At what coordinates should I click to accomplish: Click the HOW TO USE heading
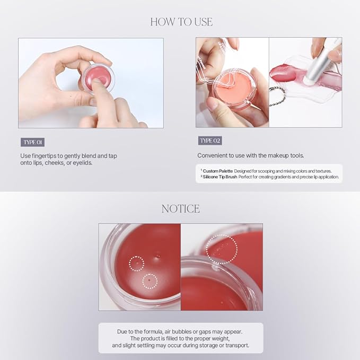(x=181, y=22)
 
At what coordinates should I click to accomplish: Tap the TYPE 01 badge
(x=32, y=142)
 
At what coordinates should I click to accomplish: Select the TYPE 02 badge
(x=210, y=141)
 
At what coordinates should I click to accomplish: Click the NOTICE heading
(x=180, y=208)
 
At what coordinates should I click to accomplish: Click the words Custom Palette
(x=214, y=171)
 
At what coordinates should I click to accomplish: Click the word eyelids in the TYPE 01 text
(x=82, y=163)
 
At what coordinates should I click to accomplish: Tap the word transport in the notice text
(x=236, y=345)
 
